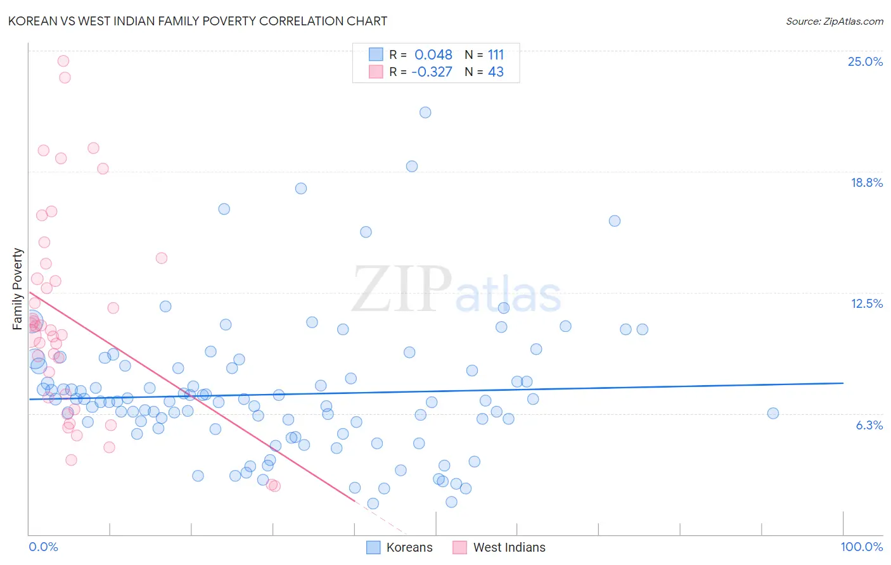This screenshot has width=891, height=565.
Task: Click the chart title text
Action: (x=197, y=21)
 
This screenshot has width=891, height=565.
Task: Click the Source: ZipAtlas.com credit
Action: (x=834, y=21)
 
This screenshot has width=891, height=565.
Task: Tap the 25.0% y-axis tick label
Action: (x=865, y=61)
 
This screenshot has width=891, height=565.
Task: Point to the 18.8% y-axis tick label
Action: (x=866, y=182)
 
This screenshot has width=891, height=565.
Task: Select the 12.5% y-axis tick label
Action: (x=866, y=303)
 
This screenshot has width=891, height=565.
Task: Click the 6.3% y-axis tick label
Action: (x=869, y=425)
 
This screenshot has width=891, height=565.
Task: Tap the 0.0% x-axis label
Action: (x=43, y=547)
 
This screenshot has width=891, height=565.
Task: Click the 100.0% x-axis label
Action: (x=861, y=547)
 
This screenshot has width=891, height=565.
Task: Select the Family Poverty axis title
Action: (x=18, y=289)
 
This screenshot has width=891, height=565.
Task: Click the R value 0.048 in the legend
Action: (x=433, y=54)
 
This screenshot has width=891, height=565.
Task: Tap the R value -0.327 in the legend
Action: (x=432, y=72)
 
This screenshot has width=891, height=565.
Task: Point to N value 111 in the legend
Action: (x=496, y=54)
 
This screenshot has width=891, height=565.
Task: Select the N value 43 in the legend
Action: (x=496, y=72)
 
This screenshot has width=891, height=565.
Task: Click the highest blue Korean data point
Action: (x=425, y=112)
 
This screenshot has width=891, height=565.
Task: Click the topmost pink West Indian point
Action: (x=63, y=61)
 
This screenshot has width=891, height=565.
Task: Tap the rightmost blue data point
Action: (x=773, y=413)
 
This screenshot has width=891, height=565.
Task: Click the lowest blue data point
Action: (x=373, y=503)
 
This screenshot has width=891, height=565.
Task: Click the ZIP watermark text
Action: (x=402, y=289)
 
